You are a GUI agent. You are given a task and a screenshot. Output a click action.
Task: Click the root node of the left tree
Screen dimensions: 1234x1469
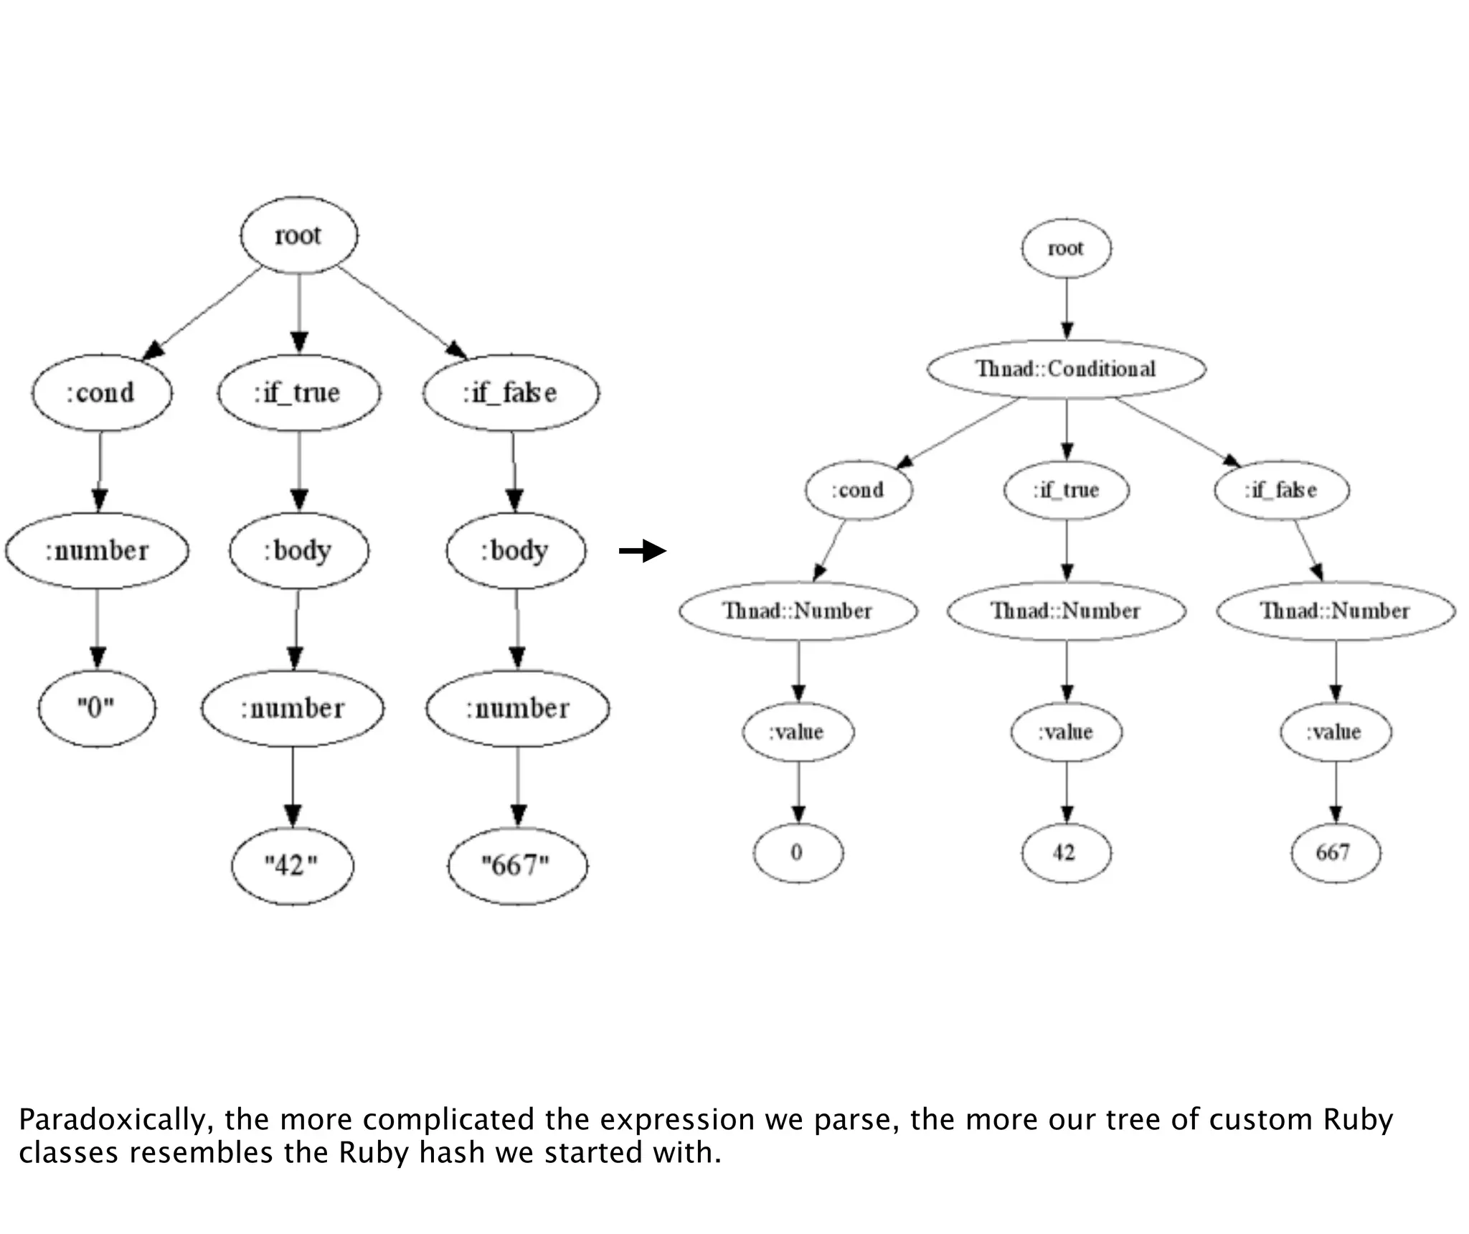298,235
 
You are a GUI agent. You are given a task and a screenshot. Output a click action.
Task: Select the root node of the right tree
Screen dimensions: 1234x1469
1066,248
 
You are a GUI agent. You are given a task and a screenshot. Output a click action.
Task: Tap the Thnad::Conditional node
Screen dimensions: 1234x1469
1066,369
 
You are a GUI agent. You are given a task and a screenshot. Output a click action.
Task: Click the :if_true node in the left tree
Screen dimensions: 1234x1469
298,392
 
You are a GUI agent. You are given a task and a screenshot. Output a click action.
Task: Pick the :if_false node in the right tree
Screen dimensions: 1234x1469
1281,490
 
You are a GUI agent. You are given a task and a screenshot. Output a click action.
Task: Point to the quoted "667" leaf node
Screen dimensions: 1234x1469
516,865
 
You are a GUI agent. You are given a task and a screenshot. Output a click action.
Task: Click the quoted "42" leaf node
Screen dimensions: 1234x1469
292,865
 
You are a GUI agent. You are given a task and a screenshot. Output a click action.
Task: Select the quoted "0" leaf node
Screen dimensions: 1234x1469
96,708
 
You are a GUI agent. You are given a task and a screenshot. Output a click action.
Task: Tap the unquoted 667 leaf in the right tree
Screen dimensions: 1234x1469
1334,852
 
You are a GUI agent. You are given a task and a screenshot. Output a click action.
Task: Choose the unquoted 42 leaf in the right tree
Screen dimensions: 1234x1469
1066,852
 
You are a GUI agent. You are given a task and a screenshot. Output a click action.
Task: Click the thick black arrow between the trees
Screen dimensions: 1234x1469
643,551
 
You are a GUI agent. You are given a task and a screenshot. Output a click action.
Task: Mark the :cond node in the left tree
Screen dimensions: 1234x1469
101,392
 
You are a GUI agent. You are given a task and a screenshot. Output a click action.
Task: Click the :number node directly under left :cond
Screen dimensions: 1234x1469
97,550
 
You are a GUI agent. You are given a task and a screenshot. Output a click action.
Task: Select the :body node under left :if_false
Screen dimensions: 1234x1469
516,550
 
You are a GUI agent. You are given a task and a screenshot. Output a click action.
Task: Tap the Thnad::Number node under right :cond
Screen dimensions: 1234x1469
798,611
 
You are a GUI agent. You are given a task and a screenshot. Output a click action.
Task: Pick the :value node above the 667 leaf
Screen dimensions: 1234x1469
1335,732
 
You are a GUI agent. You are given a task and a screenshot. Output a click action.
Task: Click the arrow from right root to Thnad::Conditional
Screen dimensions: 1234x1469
1067,308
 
